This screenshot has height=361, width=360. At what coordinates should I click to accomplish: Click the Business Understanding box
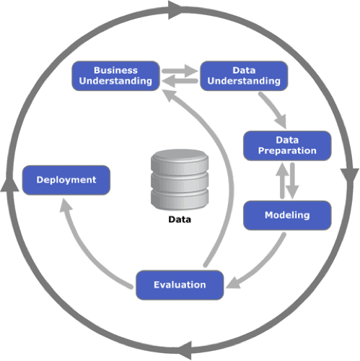coord(115,76)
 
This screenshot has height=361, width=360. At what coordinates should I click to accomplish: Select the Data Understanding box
coord(244,76)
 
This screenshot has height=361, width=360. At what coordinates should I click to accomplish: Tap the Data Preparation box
coord(287,146)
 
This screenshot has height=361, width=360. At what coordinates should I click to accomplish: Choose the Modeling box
coord(287,215)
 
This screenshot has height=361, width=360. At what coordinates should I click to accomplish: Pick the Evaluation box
coord(180,285)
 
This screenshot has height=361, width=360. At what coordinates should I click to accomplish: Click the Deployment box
coord(66,180)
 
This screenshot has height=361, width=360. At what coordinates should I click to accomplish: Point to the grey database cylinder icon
coord(180,179)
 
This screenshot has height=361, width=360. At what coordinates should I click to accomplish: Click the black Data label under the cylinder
coord(180,219)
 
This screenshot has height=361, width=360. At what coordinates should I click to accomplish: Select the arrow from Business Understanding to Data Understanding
coord(180,71)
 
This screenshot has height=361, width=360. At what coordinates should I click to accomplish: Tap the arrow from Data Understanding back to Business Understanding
coord(180,81)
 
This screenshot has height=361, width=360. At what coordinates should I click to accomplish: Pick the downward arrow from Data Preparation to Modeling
coord(292,180)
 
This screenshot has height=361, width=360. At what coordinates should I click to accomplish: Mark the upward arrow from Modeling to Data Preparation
coord(282,180)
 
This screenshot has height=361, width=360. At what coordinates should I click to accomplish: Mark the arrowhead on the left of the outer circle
coord(9,184)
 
